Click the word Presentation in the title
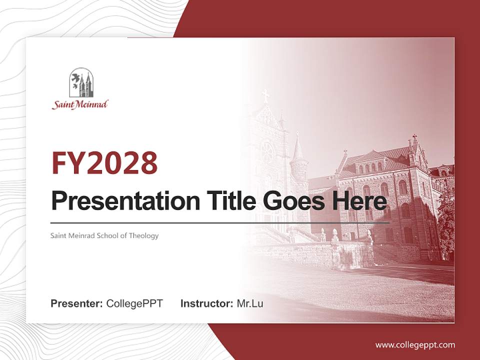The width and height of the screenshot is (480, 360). [118, 201]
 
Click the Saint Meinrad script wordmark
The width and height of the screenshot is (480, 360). [80, 104]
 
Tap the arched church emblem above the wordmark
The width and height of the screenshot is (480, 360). [81, 82]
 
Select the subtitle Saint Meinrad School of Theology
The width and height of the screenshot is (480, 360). [104, 235]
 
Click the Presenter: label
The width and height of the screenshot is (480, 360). [77, 303]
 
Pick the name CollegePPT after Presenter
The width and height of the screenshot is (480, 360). [134, 303]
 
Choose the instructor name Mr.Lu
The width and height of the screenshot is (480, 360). [250, 303]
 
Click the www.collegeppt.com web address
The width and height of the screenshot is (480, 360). [415, 344]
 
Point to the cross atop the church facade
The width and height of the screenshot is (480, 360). [265, 95]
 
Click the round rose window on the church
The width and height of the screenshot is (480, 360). [267, 151]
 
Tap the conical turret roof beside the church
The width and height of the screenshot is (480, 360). [298, 148]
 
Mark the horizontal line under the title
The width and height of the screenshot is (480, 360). [220, 223]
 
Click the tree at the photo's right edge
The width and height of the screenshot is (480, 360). [446, 220]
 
